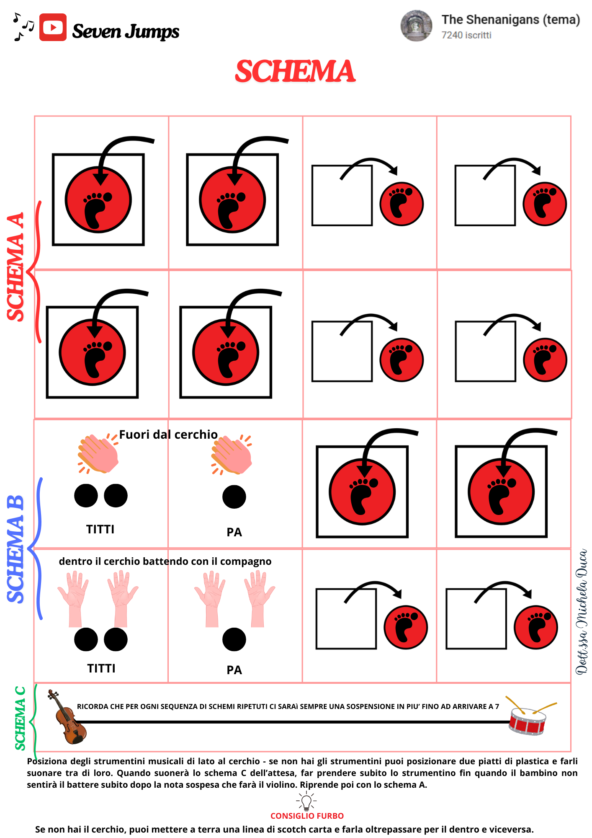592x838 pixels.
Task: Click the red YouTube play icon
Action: (53, 27)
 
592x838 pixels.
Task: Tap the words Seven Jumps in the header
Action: (126, 31)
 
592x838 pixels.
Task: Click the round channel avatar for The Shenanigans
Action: (416, 26)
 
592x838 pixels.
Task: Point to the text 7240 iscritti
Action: (466, 35)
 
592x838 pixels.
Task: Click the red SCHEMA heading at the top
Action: (295, 71)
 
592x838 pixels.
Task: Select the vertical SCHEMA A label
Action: (15, 267)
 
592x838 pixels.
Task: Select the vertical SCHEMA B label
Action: (15, 549)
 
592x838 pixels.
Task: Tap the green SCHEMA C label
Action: (20, 718)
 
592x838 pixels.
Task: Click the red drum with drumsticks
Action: (529, 716)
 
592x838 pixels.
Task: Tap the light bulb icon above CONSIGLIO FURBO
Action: (306, 802)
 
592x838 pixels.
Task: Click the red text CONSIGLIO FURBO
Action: (307, 816)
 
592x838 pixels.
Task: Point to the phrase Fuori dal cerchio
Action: (168, 435)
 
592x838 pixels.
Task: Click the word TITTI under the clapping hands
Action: (100, 529)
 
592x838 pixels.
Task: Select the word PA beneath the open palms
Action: (234, 670)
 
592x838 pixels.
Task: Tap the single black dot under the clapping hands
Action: (234, 497)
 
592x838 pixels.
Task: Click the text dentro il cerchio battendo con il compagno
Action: (165, 561)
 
